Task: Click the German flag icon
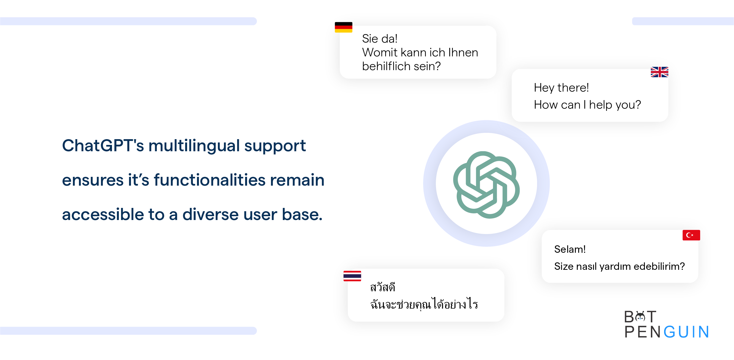(x=343, y=27)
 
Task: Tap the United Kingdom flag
(x=659, y=72)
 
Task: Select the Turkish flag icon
(x=691, y=235)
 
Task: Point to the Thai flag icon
(x=352, y=276)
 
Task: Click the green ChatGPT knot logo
(x=486, y=185)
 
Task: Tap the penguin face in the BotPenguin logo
(x=640, y=317)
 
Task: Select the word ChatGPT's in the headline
(x=103, y=145)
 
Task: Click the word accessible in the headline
(x=103, y=214)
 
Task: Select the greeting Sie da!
(x=380, y=39)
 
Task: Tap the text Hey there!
(x=561, y=87)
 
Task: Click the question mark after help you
(x=638, y=105)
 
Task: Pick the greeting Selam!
(x=569, y=249)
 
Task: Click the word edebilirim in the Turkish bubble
(x=656, y=266)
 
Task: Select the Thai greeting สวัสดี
(x=382, y=287)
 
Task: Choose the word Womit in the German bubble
(x=380, y=53)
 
